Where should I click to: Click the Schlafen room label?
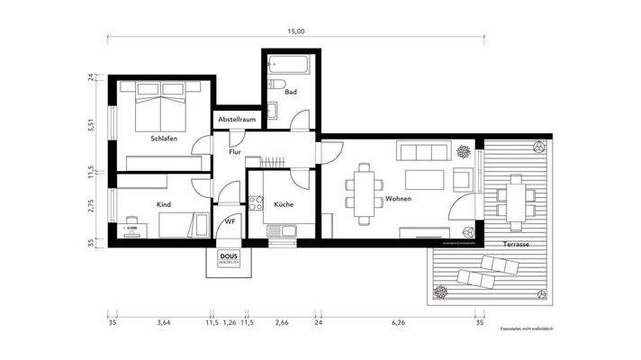(164, 139)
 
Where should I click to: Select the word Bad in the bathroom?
(290, 92)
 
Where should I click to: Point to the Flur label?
(236, 153)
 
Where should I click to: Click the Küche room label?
(283, 205)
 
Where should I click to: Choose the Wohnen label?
(399, 199)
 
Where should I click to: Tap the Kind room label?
(164, 205)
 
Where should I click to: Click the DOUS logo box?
(229, 258)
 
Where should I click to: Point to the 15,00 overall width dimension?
(296, 31)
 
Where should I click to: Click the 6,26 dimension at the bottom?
(400, 321)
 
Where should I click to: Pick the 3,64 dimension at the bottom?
(164, 321)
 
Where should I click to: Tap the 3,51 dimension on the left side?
(90, 125)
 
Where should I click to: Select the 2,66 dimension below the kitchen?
(282, 321)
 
